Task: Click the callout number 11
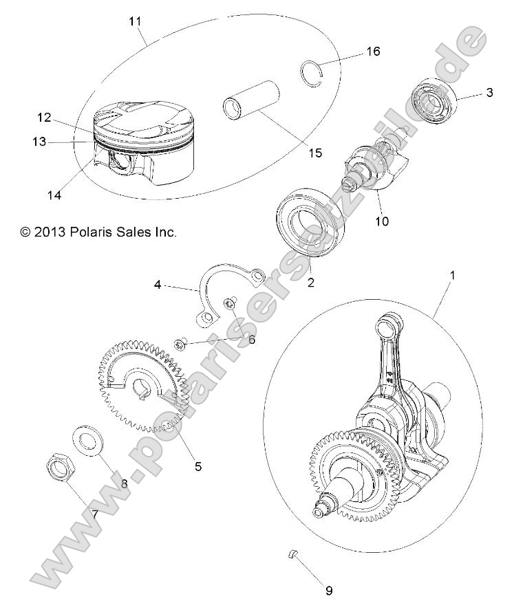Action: click(135, 21)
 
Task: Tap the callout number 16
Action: click(373, 52)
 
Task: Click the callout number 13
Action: click(39, 142)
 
